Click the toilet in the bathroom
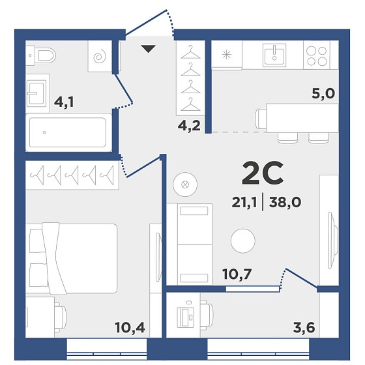coord(40,56)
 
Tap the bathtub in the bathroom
coord(68,132)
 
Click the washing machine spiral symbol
coord(100,57)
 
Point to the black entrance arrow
coord(148,49)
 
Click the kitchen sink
coord(274,55)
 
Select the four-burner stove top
coord(317,56)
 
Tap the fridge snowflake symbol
coord(227,55)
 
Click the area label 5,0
coord(323,94)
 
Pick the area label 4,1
coord(64,102)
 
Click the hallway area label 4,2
coord(189,126)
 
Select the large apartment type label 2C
coord(263,173)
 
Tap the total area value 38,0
coord(285,202)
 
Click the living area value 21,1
coord(244,202)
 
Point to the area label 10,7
coord(237,274)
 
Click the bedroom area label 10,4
coord(130,327)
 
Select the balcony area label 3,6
coord(304,327)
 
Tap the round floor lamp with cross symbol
coord(185,184)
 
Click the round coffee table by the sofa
coord(243,241)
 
